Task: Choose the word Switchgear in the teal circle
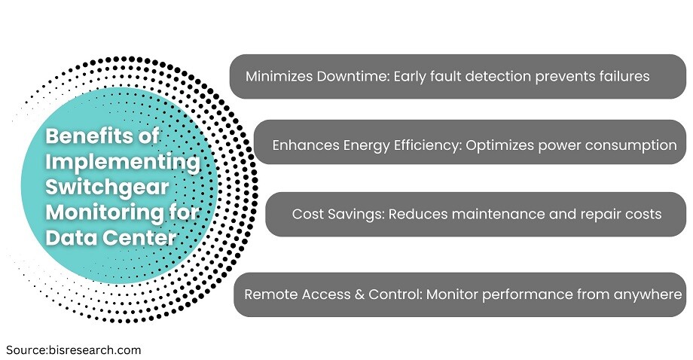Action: click(107, 188)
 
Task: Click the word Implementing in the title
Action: click(123, 162)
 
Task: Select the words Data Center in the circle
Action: click(111, 238)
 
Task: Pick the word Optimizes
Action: click(499, 146)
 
